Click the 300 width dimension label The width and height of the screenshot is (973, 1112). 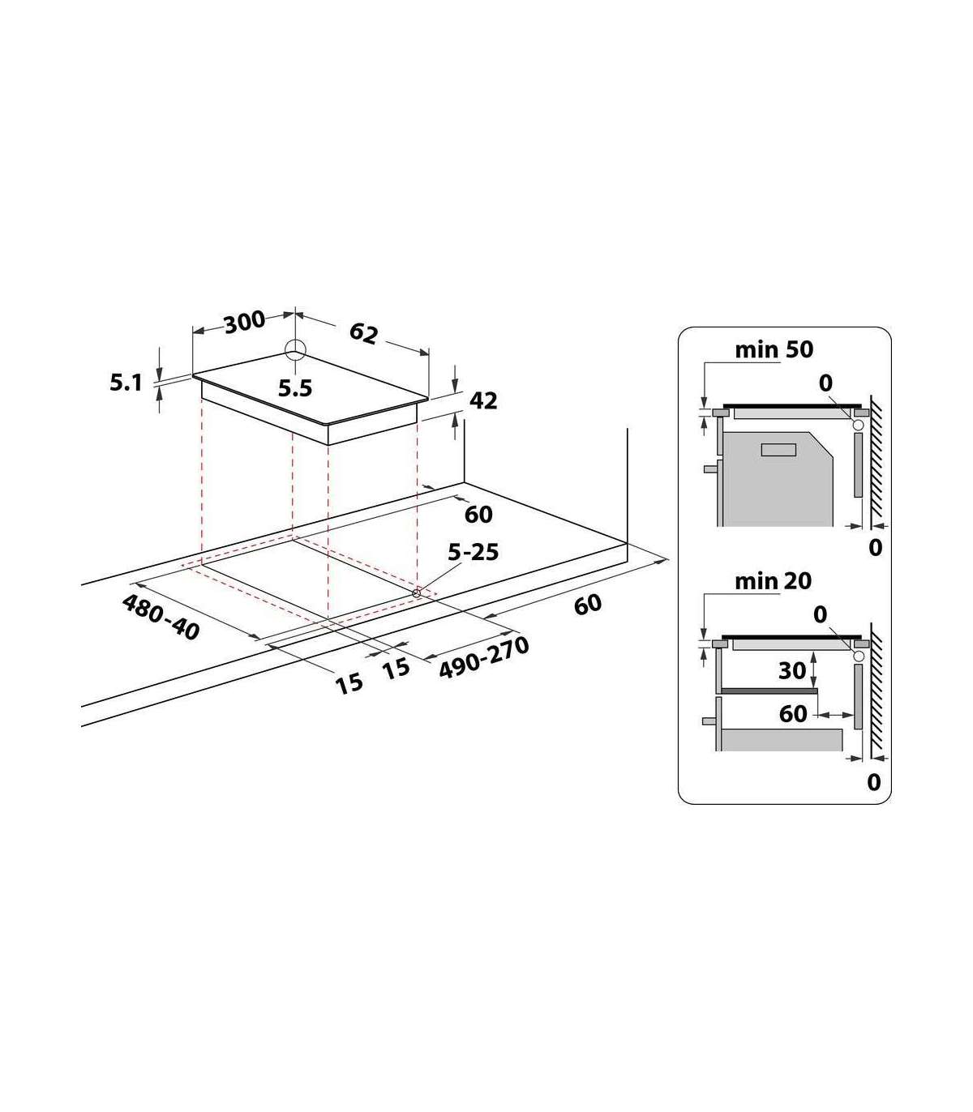point(244,323)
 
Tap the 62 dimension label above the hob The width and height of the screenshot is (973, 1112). point(363,333)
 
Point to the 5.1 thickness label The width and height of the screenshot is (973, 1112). point(126,383)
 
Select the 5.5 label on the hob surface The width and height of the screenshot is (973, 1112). point(295,388)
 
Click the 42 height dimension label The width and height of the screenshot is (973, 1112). point(483,400)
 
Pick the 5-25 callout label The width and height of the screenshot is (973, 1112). point(473,552)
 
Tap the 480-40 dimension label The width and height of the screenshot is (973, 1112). point(161,617)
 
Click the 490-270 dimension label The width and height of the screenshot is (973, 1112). point(484,657)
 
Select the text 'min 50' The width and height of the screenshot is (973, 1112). point(774,349)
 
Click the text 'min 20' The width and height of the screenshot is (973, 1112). point(773,582)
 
